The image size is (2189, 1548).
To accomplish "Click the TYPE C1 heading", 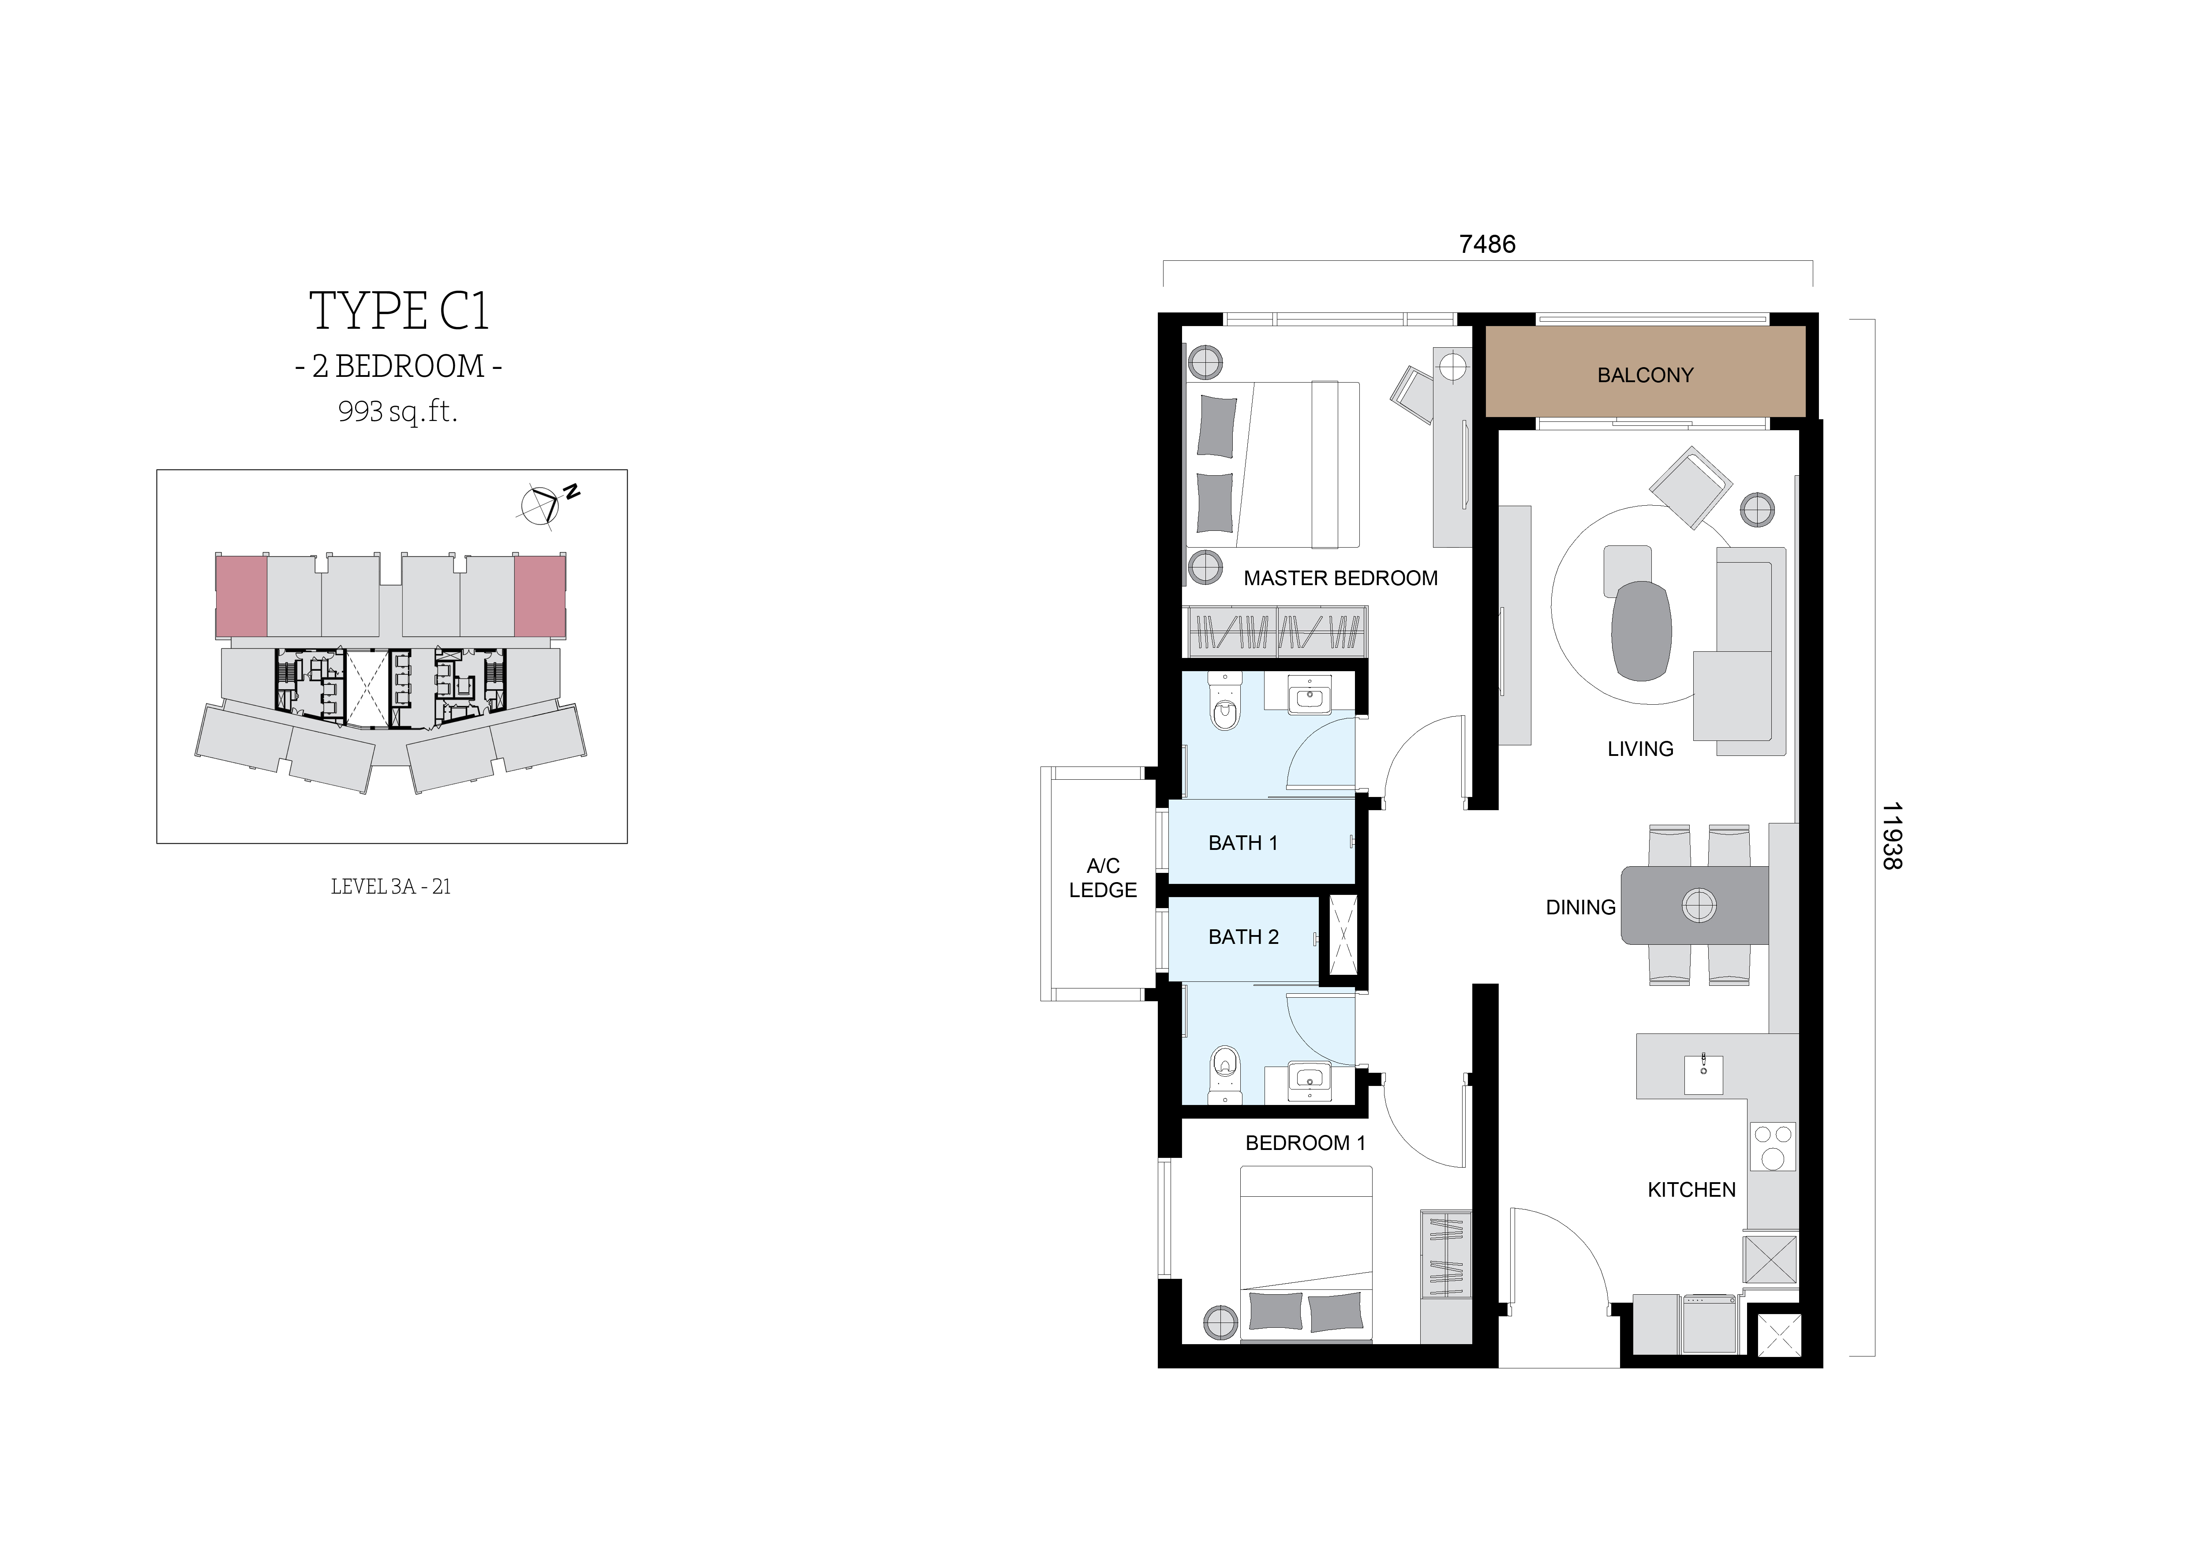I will (399, 312).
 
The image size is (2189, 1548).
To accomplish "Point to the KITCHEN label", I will (1691, 1189).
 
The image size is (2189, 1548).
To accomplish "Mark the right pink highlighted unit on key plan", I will (539, 596).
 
